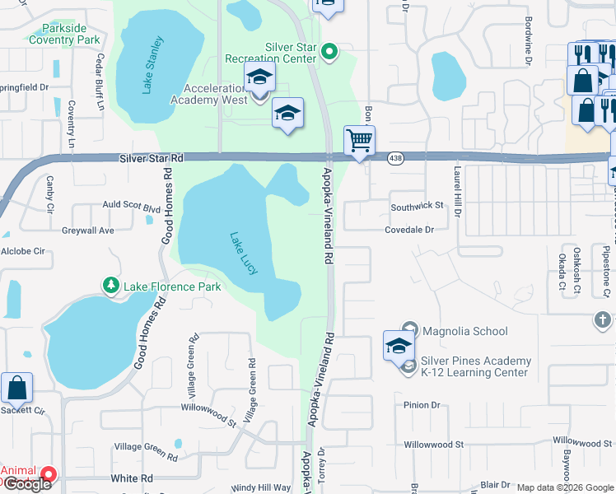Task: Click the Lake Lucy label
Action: point(245,259)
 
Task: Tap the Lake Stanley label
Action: point(154,64)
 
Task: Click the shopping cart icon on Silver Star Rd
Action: point(359,141)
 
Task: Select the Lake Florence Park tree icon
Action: point(110,286)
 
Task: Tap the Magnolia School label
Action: point(464,331)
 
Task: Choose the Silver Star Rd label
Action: point(151,157)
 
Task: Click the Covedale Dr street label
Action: point(408,230)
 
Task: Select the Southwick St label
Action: point(417,205)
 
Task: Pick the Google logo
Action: point(26,484)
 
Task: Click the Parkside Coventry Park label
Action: point(65,34)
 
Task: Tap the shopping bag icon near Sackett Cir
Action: point(16,388)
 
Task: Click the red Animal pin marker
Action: point(49,474)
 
